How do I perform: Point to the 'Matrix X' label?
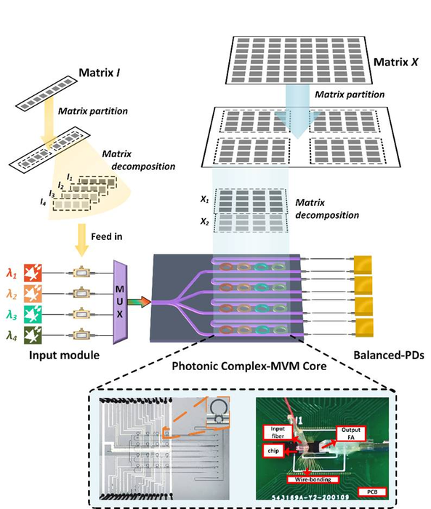click(x=396, y=63)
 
